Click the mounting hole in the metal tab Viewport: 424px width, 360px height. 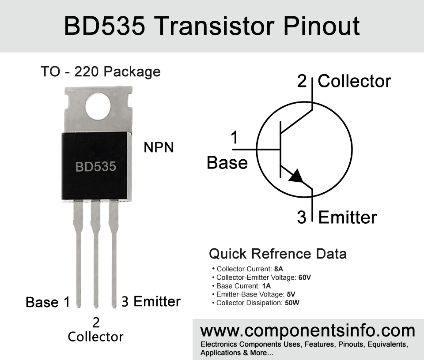pyautogui.click(x=98, y=106)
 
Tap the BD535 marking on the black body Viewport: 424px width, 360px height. pyautogui.click(x=96, y=167)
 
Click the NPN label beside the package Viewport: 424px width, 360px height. pyautogui.click(x=159, y=147)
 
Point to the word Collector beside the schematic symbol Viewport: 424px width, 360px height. pyautogui.click(x=354, y=81)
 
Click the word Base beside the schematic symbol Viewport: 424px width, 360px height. pyautogui.click(x=227, y=163)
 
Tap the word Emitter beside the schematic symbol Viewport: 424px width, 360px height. pyautogui.click(x=348, y=217)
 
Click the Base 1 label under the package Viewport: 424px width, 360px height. pyautogui.click(x=48, y=302)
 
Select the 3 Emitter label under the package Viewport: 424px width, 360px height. pyautogui.click(x=151, y=301)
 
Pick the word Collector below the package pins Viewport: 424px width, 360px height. pyautogui.click(x=95, y=337)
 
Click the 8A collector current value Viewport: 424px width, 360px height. pyautogui.click(x=279, y=269)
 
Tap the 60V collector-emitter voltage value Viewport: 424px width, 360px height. pyautogui.click(x=305, y=277)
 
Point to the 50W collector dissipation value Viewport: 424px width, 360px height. pyautogui.click(x=292, y=303)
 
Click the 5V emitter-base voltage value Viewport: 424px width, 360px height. pyautogui.click(x=291, y=294)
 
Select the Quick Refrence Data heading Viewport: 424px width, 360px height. pyautogui.click(x=278, y=254)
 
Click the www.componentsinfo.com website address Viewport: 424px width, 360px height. pyautogui.click(x=308, y=331)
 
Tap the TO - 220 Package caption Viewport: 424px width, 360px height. pyautogui.click(x=101, y=71)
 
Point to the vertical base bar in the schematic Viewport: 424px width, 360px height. pyautogui.click(x=280, y=150)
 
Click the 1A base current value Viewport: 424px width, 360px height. pyautogui.click(x=266, y=286)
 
